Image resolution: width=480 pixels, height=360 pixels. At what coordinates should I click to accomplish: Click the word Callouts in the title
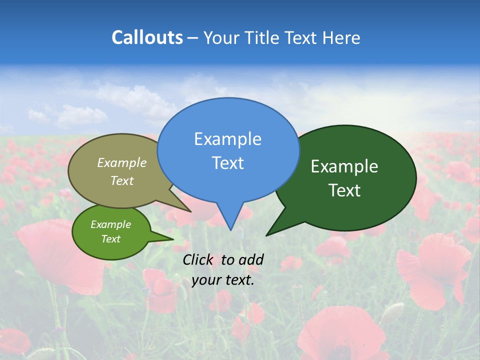pyautogui.click(x=147, y=37)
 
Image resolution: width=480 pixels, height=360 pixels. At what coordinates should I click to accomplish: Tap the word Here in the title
pyautogui.click(x=341, y=37)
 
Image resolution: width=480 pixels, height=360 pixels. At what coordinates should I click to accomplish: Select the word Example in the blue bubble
pyautogui.click(x=227, y=138)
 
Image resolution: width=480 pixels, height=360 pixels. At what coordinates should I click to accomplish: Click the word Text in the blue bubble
pyautogui.click(x=227, y=163)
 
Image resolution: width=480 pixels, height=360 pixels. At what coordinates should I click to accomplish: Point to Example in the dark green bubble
pyautogui.click(x=344, y=166)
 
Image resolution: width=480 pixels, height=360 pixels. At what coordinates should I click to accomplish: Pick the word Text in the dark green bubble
pyautogui.click(x=344, y=190)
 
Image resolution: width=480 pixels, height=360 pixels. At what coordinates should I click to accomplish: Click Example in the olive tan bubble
pyautogui.click(x=122, y=162)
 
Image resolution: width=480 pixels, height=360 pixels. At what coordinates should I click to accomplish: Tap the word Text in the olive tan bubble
pyautogui.click(x=122, y=180)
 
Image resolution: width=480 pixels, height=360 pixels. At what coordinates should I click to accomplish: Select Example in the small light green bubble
pyautogui.click(x=110, y=224)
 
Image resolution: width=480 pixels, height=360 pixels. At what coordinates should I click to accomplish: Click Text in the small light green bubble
pyautogui.click(x=110, y=239)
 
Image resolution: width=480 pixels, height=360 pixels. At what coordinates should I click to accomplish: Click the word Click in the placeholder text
pyautogui.click(x=199, y=259)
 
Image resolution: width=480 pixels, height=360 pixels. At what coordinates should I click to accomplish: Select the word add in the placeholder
pyautogui.click(x=251, y=259)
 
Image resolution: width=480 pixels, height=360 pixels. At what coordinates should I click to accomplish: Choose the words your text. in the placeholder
pyautogui.click(x=223, y=280)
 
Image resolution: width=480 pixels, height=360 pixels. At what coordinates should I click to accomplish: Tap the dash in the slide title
pyautogui.click(x=193, y=37)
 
